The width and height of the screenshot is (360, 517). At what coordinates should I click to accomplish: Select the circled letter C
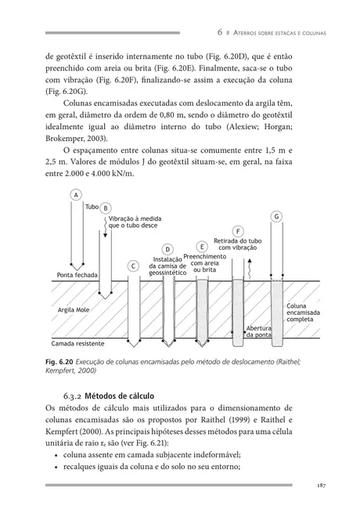[133, 266]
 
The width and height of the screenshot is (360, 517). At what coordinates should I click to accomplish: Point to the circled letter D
[167, 249]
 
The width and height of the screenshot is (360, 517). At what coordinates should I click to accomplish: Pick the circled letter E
[202, 246]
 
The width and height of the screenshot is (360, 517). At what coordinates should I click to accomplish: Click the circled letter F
[237, 230]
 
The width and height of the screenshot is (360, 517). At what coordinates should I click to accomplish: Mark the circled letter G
[276, 215]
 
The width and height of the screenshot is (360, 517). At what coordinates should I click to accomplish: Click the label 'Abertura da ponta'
[258, 331]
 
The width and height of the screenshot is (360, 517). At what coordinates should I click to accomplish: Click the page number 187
[319, 486]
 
